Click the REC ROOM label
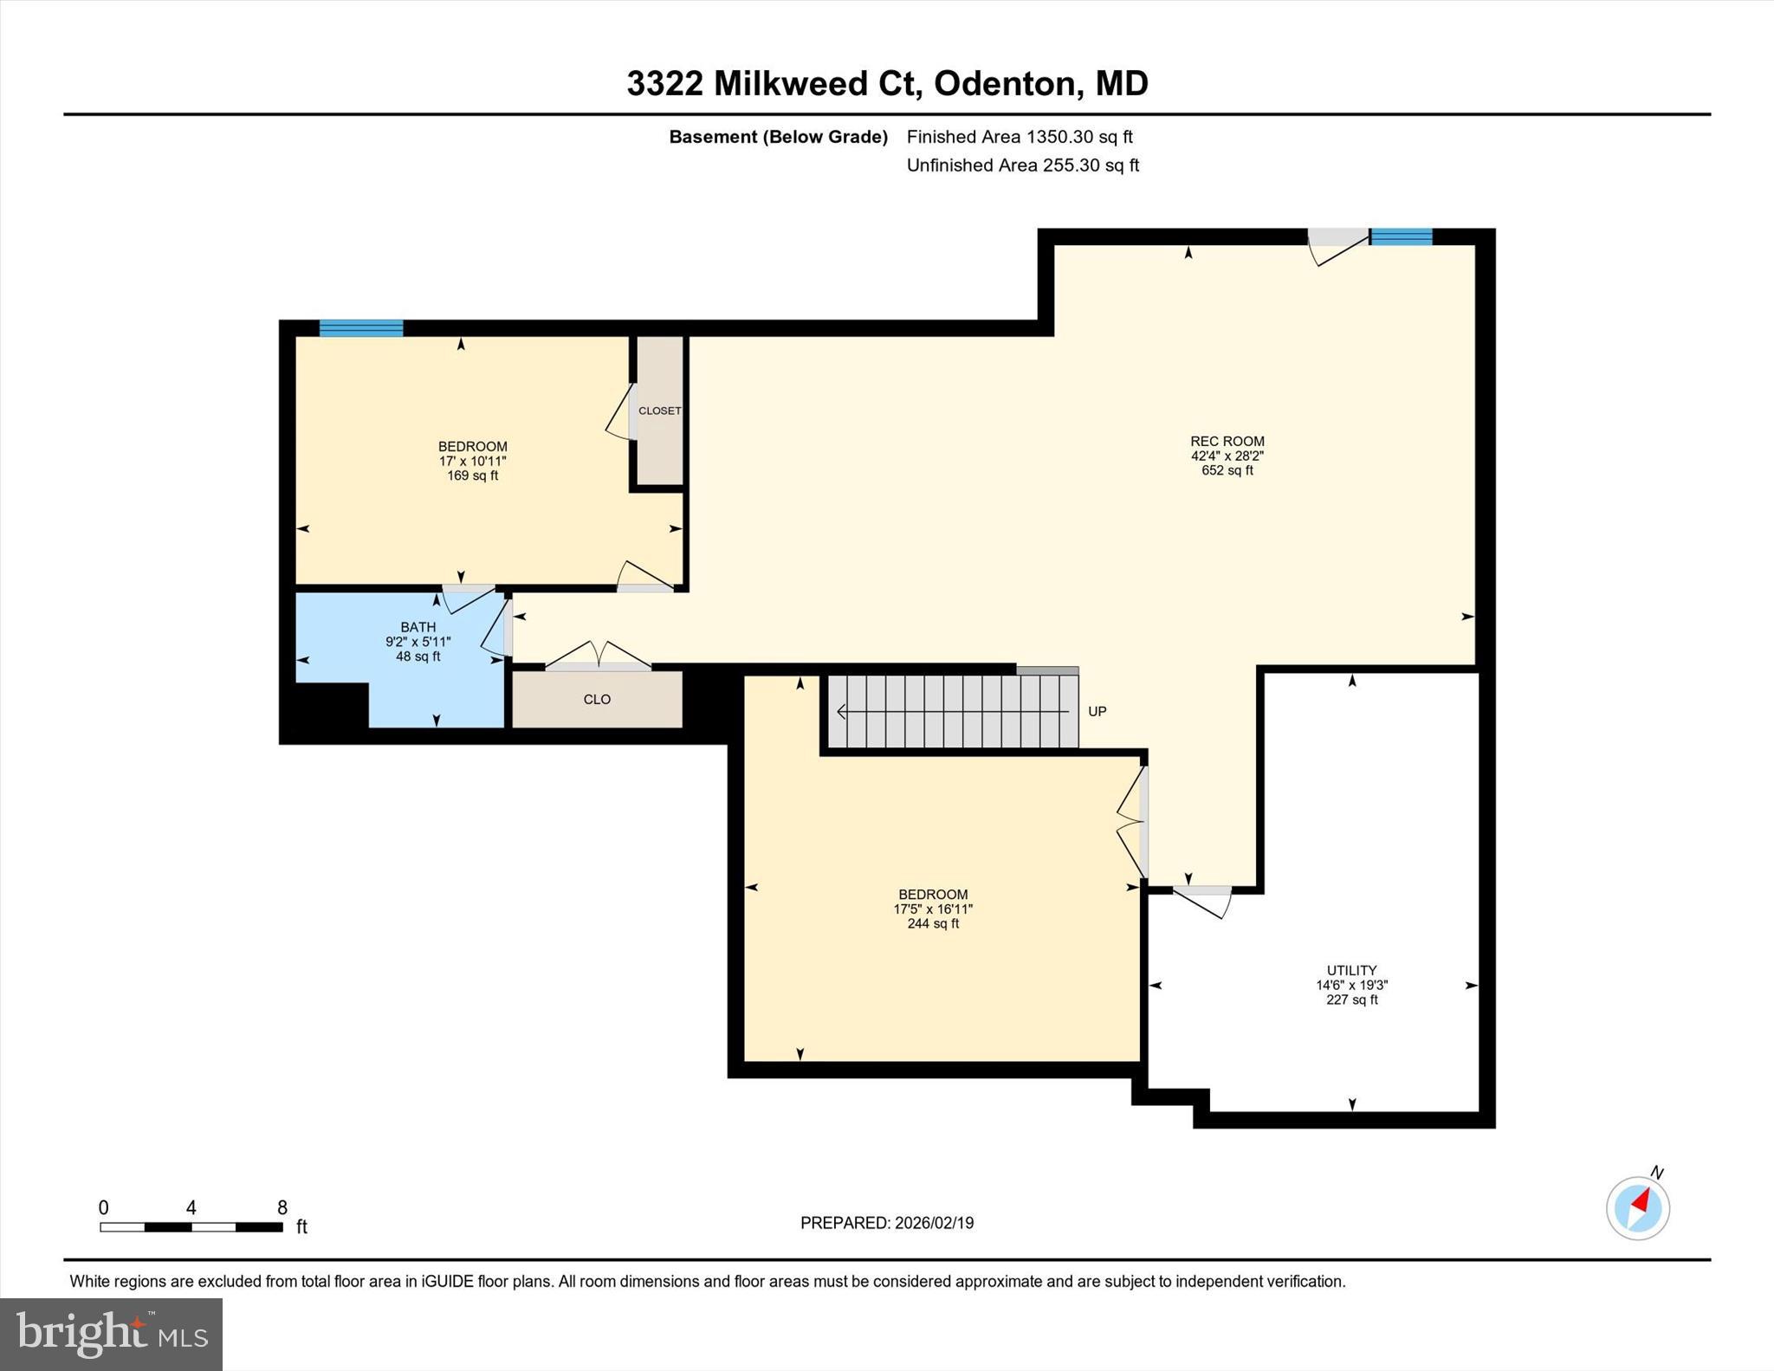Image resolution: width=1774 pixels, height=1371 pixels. [1227, 441]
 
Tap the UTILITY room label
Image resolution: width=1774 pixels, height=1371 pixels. [1351, 970]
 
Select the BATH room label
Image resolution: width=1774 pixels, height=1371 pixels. [418, 627]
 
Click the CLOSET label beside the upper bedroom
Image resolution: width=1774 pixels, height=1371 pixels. [659, 411]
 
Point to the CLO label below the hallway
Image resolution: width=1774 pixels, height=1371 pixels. [597, 699]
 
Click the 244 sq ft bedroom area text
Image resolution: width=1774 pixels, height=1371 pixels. [933, 923]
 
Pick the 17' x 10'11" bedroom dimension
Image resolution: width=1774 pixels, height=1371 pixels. [472, 462]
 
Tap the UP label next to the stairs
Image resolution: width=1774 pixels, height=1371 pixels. [1097, 711]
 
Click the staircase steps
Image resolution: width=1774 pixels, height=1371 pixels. [953, 711]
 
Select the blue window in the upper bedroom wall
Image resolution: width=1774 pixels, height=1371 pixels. [361, 327]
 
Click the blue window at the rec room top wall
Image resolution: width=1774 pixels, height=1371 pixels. [1401, 236]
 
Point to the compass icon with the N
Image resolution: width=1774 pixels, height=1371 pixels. [1637, 1207]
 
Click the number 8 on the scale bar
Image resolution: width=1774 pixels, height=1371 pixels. [282, 1207]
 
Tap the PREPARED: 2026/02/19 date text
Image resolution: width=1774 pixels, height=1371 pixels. [886, 1223]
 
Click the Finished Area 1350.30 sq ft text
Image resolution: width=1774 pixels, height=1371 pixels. [1020, 137]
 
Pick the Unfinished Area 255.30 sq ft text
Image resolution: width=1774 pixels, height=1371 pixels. [1022, 165]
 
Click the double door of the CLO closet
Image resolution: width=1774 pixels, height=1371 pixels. [598, 656]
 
